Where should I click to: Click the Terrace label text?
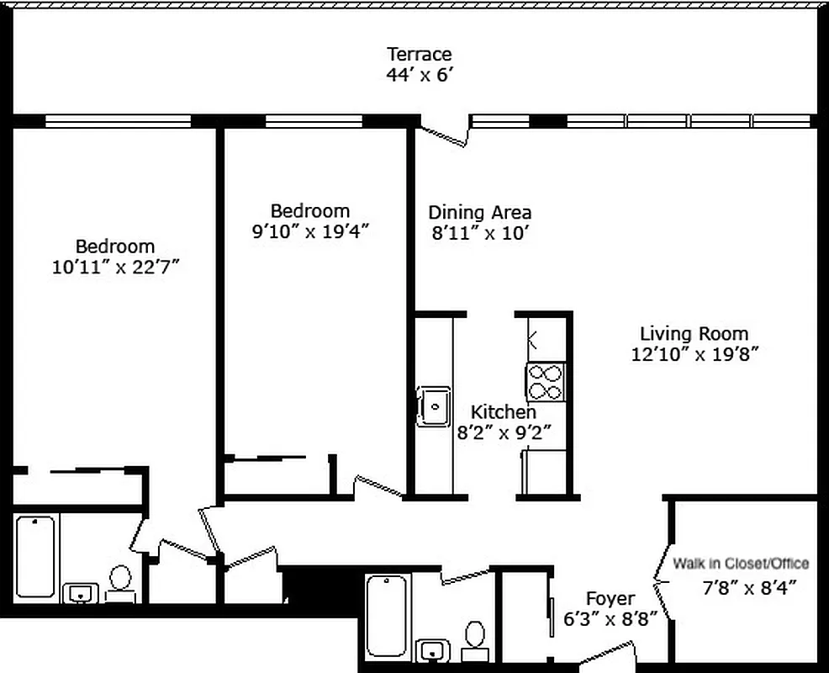pyautogui.click(x=419, y=55)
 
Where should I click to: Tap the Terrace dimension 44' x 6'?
pyautogui.click(x=419, y=74)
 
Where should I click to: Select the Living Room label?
pyautogui.click(x=694, y=333)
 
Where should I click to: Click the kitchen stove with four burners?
pyautogui.click(x=545, y=382)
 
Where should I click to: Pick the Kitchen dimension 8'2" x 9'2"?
pyautogui.click(x=503, y=433)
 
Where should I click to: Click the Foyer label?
pyautogui.click(x=610, y=599)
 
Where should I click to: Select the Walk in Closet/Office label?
pyautogui.click(x=741, y=564)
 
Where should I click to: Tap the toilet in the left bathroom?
pyautogui.click(x=121, y=580)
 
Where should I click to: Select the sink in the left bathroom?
pyautogui.click(x=81, y=593)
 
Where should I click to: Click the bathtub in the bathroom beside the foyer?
pyautogui.click(x=388, y=615)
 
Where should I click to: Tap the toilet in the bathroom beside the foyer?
pyautogui.click(x=475, y=639)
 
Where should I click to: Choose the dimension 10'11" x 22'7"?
pyautogui.click(x=115, y=268)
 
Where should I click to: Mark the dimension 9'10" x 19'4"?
pyautogui.click(x=310, y=232)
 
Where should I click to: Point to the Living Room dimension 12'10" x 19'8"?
pyautogui.click(x=694, y=354)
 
